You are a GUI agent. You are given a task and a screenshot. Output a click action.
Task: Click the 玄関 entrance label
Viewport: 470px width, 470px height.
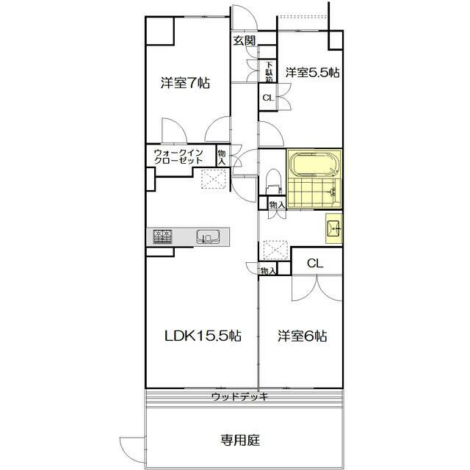click(245, 41)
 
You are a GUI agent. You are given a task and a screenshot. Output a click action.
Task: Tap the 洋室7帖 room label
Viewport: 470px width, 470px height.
click(186, 84)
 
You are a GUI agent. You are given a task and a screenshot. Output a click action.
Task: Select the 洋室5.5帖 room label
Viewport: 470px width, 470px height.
click(312, 73)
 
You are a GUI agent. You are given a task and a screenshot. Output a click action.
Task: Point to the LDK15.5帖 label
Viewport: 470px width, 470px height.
click(202, 336)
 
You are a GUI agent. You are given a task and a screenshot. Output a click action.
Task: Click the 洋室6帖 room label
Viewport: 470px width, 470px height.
click(302, 336)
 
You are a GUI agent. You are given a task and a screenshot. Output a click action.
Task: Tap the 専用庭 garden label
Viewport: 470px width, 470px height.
click(240, 441)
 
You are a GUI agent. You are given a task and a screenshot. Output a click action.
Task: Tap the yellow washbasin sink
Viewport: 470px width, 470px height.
click(334, 228)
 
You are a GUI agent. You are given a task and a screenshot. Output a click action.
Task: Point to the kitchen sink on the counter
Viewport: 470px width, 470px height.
click(207, 236)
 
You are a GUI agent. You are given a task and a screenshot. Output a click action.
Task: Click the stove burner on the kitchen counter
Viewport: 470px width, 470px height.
click(162, 236)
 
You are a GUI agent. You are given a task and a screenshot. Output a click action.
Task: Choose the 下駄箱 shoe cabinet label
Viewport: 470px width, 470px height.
click(270, 71)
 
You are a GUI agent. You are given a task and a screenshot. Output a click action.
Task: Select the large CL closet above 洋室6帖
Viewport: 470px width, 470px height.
click(315, 262)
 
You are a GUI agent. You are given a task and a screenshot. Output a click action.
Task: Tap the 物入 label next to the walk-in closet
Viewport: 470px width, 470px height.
click(223, 157)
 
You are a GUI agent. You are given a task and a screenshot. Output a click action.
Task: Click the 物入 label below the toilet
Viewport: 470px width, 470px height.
click(276, 206)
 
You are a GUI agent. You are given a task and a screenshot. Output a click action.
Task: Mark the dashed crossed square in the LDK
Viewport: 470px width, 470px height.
click(213, 179)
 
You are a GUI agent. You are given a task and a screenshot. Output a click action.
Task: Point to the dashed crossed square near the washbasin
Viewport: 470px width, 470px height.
click(275, 251)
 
